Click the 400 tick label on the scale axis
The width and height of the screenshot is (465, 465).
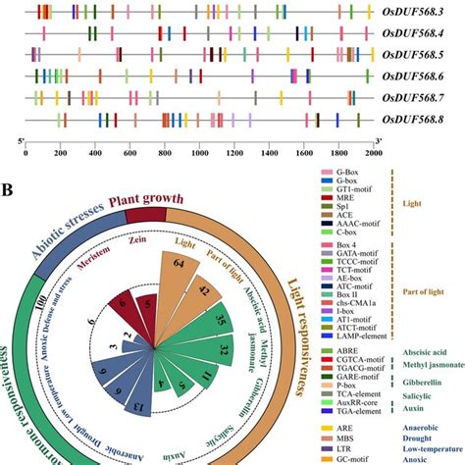(x=94, y=153)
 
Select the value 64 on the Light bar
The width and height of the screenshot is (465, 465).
(x=180, y=260)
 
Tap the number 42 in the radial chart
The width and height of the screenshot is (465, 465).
(x=203, y=290)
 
